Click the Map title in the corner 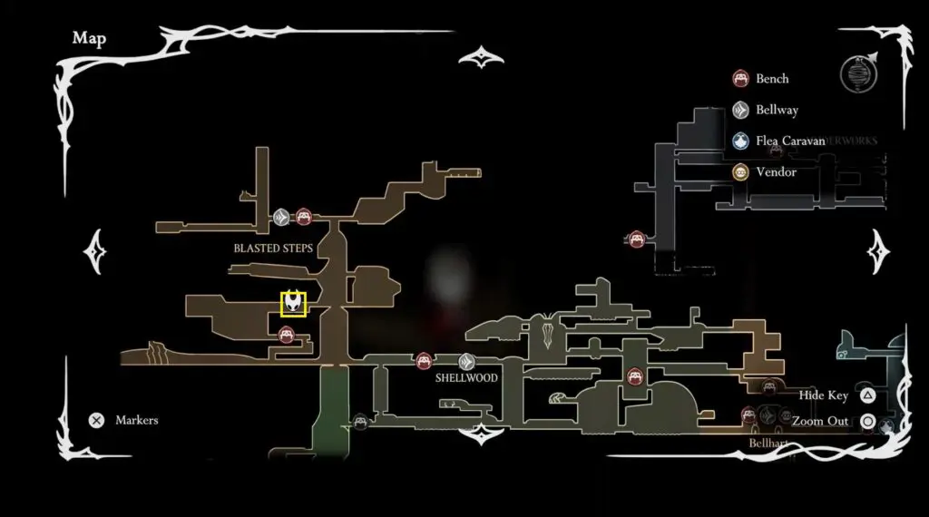(x=89, y=38)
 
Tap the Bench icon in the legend (x=740, y=79)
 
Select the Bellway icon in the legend (x=740, y=110)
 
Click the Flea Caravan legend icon (x=740, y=141)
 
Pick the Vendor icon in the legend (x=740, y=171)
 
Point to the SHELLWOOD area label (x=466, y=377)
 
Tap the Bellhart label (x=768, y=443)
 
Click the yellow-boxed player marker (x=293, y=303)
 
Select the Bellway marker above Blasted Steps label (x=281, y=217)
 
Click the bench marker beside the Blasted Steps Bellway (x=304, y=217)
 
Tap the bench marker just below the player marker (x=287, y=336)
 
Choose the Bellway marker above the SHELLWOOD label (x=466, y=361)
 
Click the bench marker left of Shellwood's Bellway (x=423, y=361)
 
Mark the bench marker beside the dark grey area (x=636, y=239)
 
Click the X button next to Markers (x=96, y=420)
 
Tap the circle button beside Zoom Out (x=867, y=421)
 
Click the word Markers (x=136, y=420)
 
